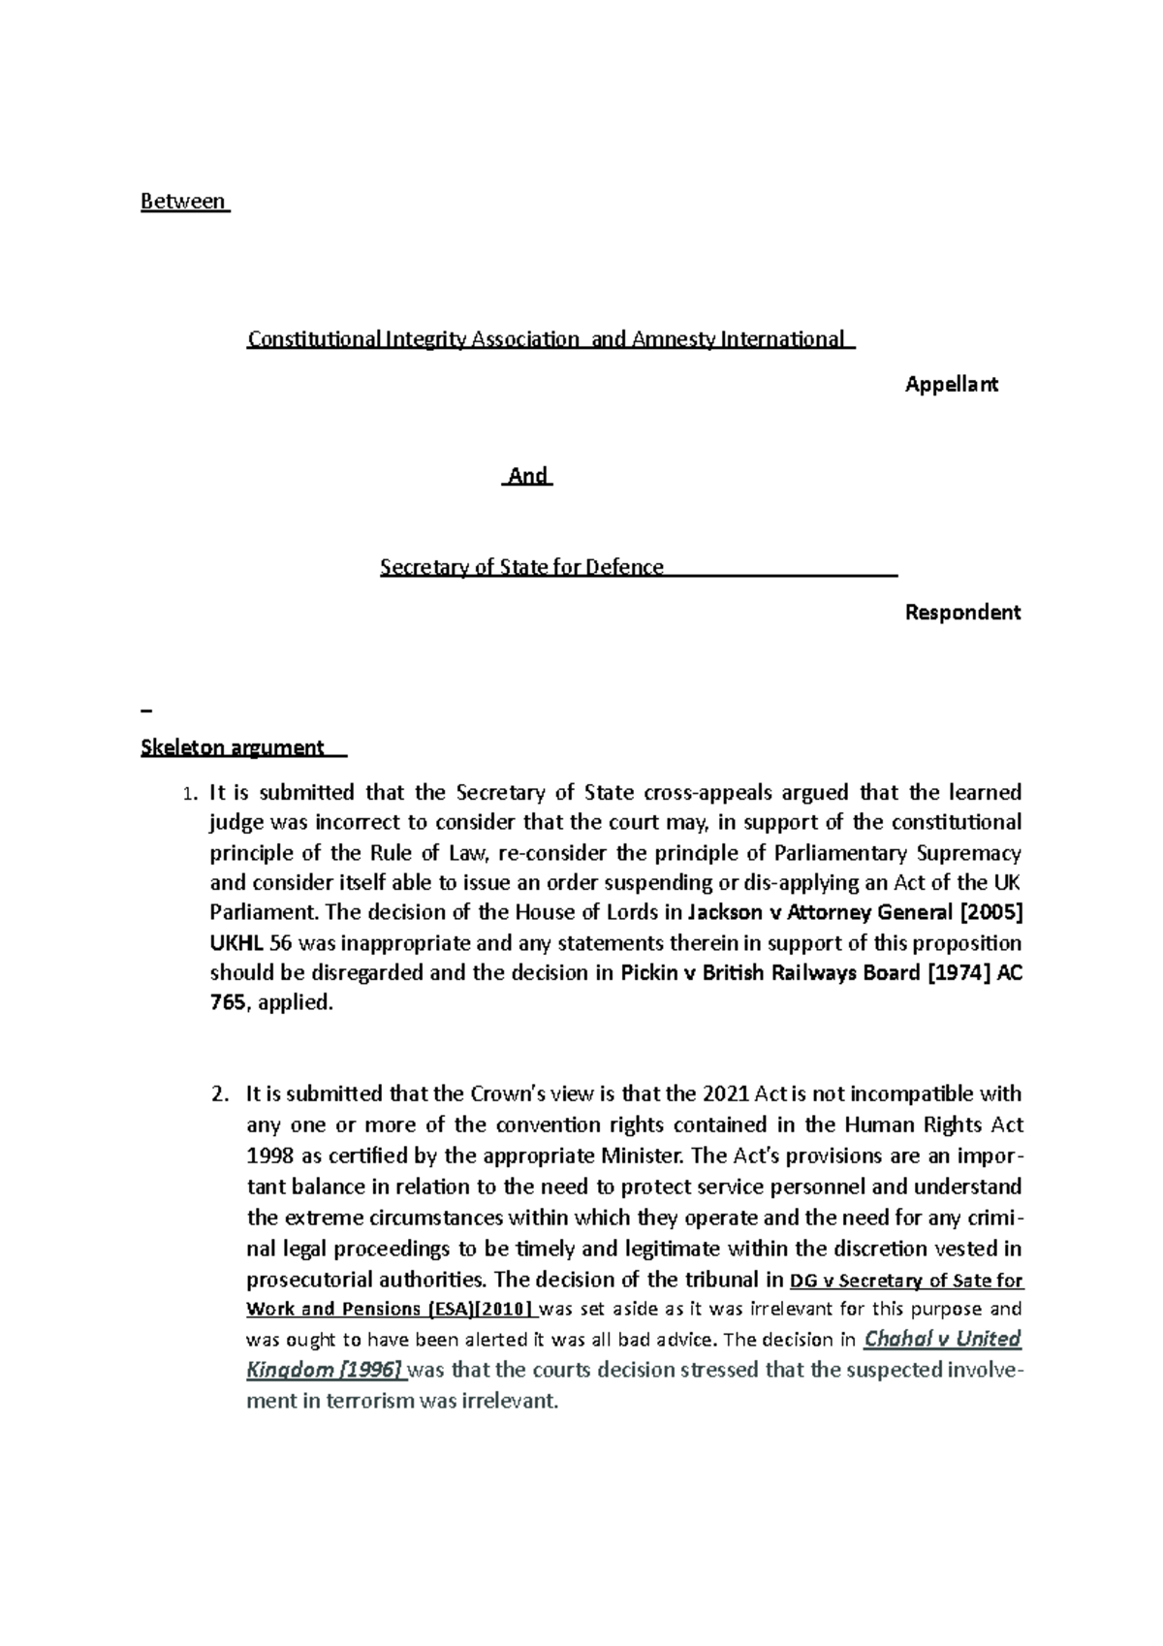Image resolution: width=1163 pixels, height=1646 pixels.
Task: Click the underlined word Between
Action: tap(182, 203)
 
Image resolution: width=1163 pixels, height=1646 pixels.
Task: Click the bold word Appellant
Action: tap(951, 385)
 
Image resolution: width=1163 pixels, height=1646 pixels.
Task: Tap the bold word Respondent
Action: tap(961, 613)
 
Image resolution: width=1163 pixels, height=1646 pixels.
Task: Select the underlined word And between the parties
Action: tap(528, 476)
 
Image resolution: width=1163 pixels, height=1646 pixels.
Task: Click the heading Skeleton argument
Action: tap(232, 747)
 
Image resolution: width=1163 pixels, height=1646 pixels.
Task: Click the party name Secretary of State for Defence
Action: tap(521, 567)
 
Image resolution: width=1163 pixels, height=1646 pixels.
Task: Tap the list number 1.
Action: tap(190, 794)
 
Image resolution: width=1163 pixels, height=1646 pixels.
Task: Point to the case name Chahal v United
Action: tap(941, 1340)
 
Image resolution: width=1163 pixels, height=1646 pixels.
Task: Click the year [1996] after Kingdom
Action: tap(371, 1371)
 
